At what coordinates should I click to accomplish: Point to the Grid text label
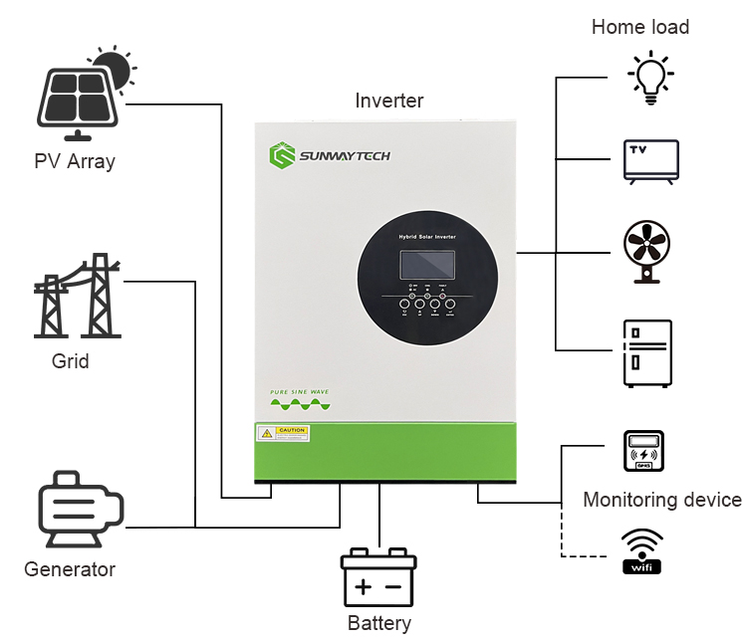[x=70, y=360]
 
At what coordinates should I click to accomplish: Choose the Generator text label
[x=70, y=569]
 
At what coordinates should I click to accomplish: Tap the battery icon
[x=378, y=576]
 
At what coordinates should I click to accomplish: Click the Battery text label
[x=378, y=623]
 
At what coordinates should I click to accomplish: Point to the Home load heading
[x=639, y=27]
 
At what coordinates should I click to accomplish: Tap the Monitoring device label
[x=661, y=500]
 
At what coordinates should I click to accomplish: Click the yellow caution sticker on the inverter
[x=283, y=433]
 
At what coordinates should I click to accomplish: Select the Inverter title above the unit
[x=388, y=101]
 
